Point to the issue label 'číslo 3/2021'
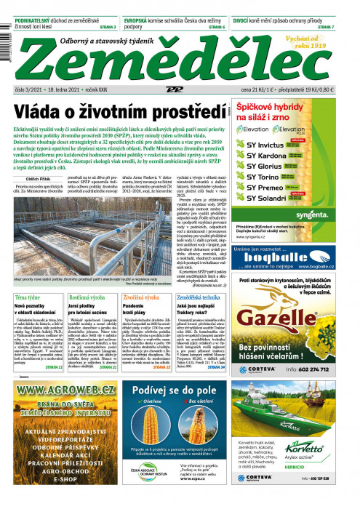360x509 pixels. click(31, 89)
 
